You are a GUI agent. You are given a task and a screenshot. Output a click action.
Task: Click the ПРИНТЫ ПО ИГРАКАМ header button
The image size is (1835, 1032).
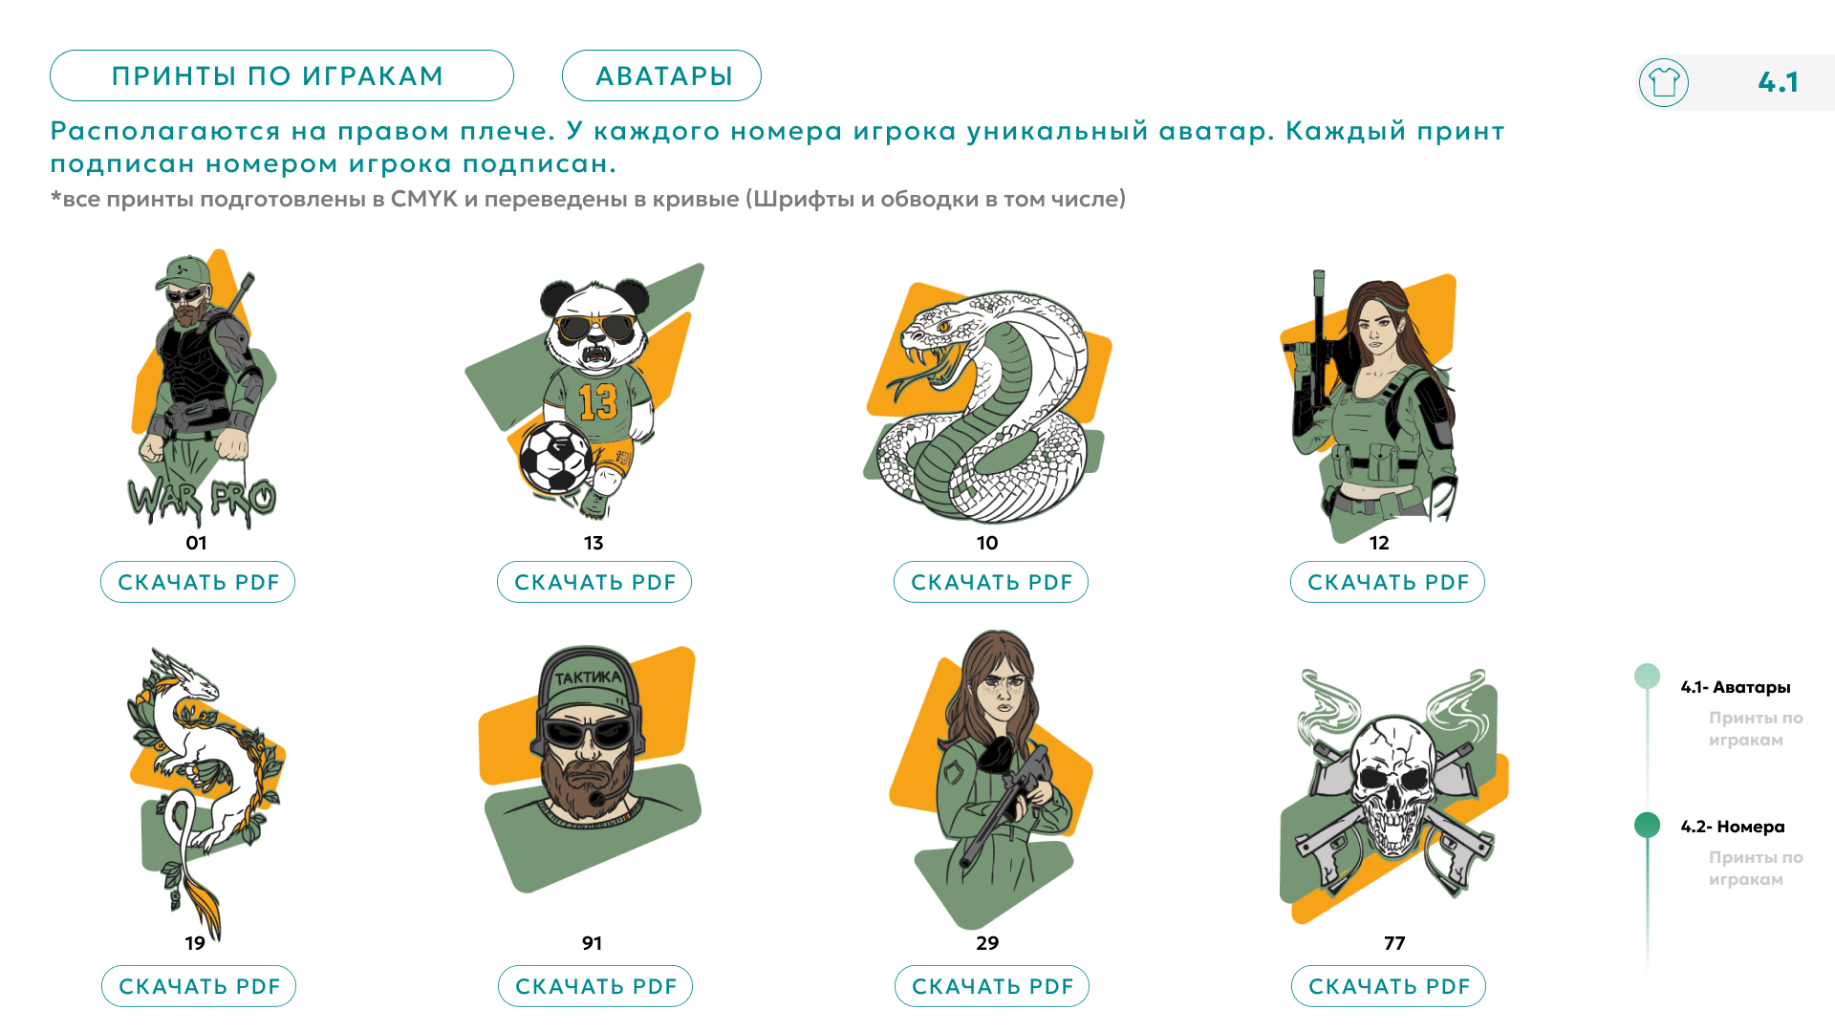point(281,75)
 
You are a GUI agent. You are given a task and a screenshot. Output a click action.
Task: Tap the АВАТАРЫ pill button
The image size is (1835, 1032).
point(661,75)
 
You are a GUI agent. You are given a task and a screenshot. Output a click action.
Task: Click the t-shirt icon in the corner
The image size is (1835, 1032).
point(1664,82)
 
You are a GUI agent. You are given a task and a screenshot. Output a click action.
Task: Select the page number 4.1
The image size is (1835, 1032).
point(1778,82)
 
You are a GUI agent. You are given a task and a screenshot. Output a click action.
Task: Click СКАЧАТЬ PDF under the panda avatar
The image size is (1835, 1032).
point(594,582)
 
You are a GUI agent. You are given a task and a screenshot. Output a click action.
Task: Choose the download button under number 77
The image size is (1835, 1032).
point(1389,986)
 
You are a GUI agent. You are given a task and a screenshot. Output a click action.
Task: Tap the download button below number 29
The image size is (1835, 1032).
point(992,986)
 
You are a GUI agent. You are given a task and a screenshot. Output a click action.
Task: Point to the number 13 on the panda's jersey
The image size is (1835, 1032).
point(598,402)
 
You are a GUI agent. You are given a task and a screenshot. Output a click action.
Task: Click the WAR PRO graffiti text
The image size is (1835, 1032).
point(202,500)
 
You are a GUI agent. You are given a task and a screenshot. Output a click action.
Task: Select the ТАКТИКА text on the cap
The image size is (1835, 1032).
point(588,677)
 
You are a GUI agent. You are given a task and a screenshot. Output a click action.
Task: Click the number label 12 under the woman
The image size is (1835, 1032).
point(1379,543)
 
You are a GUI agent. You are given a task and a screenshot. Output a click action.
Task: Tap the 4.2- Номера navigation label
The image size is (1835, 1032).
point(1733,827)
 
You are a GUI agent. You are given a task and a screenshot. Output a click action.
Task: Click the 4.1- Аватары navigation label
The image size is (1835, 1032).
point(1736,687)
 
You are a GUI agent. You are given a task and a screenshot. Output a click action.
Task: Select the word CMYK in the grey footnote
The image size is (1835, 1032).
point(424,199)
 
